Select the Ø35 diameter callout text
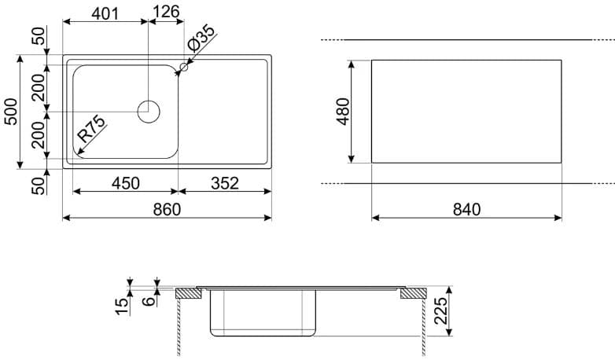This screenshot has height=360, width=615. click(x=202, y=39)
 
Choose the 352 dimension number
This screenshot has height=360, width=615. click(x=224, y=183)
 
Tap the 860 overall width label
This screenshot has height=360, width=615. click(x=166, y=209)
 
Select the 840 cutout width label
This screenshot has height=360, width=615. click(x=466, y=209)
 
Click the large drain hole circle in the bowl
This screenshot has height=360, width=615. click(x=148, y=112)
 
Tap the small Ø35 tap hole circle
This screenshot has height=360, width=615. click(x=184, y=68)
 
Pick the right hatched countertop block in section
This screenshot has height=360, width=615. click(x=411, y=295)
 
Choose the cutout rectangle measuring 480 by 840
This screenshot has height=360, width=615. click(x=466, y=111)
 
